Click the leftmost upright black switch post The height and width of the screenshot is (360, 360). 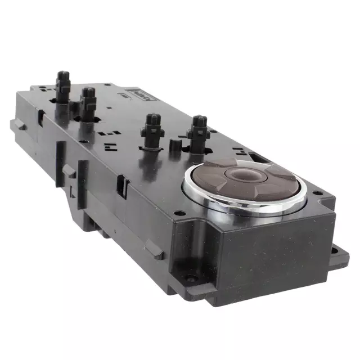[62, 84]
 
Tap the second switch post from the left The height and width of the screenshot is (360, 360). [88, 101]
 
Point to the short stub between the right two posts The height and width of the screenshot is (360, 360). [174, 146]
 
